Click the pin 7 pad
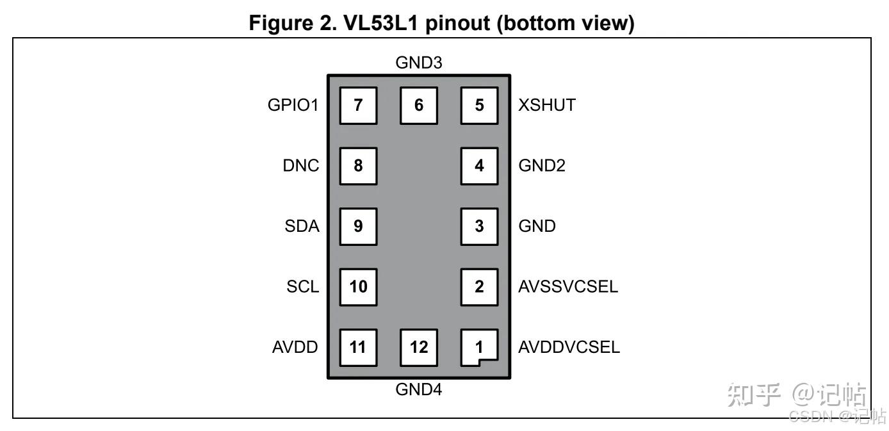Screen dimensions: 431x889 358,105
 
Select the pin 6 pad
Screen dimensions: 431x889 419,105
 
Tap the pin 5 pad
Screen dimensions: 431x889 479,105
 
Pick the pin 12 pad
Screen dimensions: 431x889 419,347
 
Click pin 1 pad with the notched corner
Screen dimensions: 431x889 479,347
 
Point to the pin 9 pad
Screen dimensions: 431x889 358,226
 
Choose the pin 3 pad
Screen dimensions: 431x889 479,226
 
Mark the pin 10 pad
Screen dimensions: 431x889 358,286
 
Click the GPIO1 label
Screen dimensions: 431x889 293,105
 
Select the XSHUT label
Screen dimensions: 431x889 547,105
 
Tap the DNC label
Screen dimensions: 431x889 301,166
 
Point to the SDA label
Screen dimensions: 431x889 302,226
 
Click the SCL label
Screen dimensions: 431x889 302,286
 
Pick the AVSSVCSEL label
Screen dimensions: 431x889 568,286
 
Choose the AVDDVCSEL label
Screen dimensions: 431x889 569,347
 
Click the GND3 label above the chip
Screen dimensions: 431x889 419,63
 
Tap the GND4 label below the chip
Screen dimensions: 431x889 419,389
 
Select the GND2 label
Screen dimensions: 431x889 542,166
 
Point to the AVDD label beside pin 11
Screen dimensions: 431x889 295,347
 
